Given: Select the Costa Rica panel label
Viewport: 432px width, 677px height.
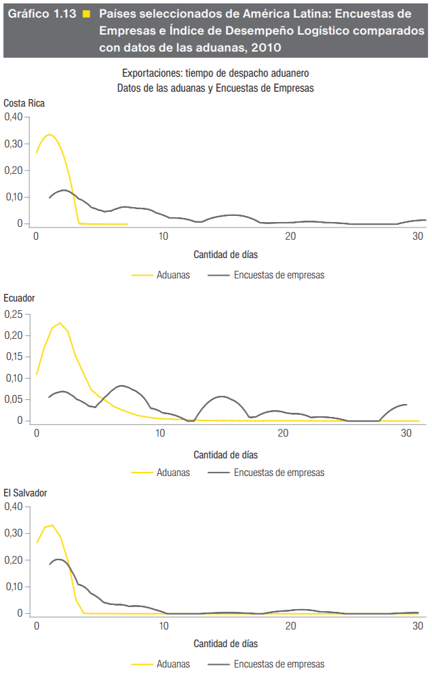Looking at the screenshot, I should pyautogui.click(x=24, y=103).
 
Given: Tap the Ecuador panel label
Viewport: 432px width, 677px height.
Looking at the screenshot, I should pyautogui.click(x=19, y=298).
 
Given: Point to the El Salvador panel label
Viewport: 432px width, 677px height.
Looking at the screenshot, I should pyautogui.click(x=25, y=494).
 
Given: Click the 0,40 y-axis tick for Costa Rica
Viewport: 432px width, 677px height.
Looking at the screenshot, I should pyautogui.click(x=14, y=117).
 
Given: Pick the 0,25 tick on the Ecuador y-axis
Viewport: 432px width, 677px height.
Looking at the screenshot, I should pyautogui.click(x=14, y=314).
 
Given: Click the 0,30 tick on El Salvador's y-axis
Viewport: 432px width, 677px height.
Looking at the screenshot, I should pyautogui.click(x=14, y=533).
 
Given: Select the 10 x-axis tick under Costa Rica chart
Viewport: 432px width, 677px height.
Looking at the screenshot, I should pyautogui.click(x=163, y=236).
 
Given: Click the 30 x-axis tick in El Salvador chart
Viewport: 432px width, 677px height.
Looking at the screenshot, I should pyautogui.click(x=418, y=625).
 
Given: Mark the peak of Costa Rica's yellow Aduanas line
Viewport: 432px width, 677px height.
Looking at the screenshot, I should pyautogui.click(x=49, y=134).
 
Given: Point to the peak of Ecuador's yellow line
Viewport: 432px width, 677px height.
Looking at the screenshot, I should pyautogui.click(x=60, y=323).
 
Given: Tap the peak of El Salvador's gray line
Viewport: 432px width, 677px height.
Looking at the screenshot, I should pyautogui.click(x=58, y=560).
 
